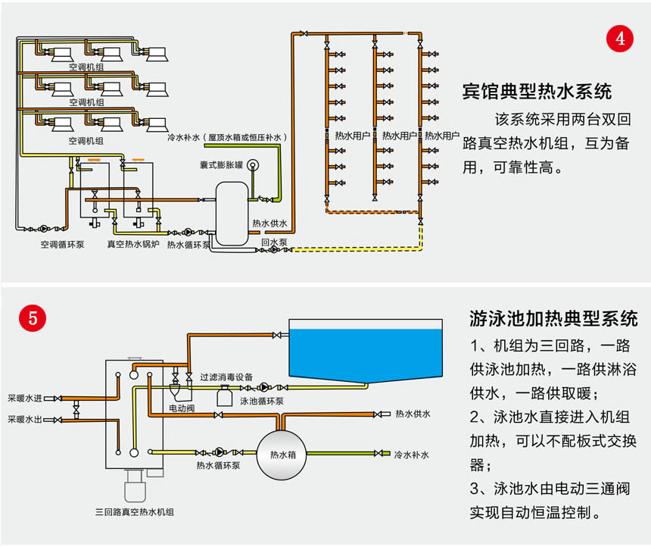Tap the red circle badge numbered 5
[x=32, y=318]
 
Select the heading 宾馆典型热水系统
[x=537, y=92]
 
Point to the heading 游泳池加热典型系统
[x=553, y=317]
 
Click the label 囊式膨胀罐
[x=220, y=164]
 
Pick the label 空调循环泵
[x=62, y=245]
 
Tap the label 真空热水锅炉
[x=132, y=245]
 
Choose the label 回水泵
[x=273, y=242]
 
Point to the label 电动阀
[x=182, y=407]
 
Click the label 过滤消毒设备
[x=226, y=377]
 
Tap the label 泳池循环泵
[x=262, y=401]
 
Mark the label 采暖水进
[x=25, y=397]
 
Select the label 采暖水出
[x=25, y=419]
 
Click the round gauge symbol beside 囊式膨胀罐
[x=252, y=164]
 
